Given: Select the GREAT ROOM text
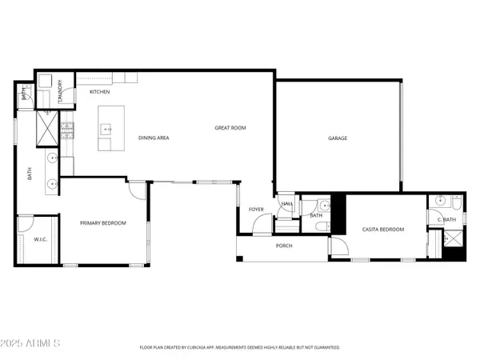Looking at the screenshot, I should [230, 128].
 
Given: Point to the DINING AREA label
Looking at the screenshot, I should [153, 138].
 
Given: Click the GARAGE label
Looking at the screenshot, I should [337, 138].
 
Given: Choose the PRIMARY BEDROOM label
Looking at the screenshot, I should [103, 222].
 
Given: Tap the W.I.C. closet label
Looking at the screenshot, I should [38, 239].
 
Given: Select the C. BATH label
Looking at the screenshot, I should [446, 219].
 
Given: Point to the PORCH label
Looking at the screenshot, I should [283, 246].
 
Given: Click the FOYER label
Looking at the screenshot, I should [256, 210].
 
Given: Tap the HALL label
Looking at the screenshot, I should [286, 204].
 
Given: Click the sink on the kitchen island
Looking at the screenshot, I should [105, 128].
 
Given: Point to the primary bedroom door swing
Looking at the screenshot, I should [137, 190].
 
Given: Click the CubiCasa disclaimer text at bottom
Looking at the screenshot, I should [240, 348].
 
